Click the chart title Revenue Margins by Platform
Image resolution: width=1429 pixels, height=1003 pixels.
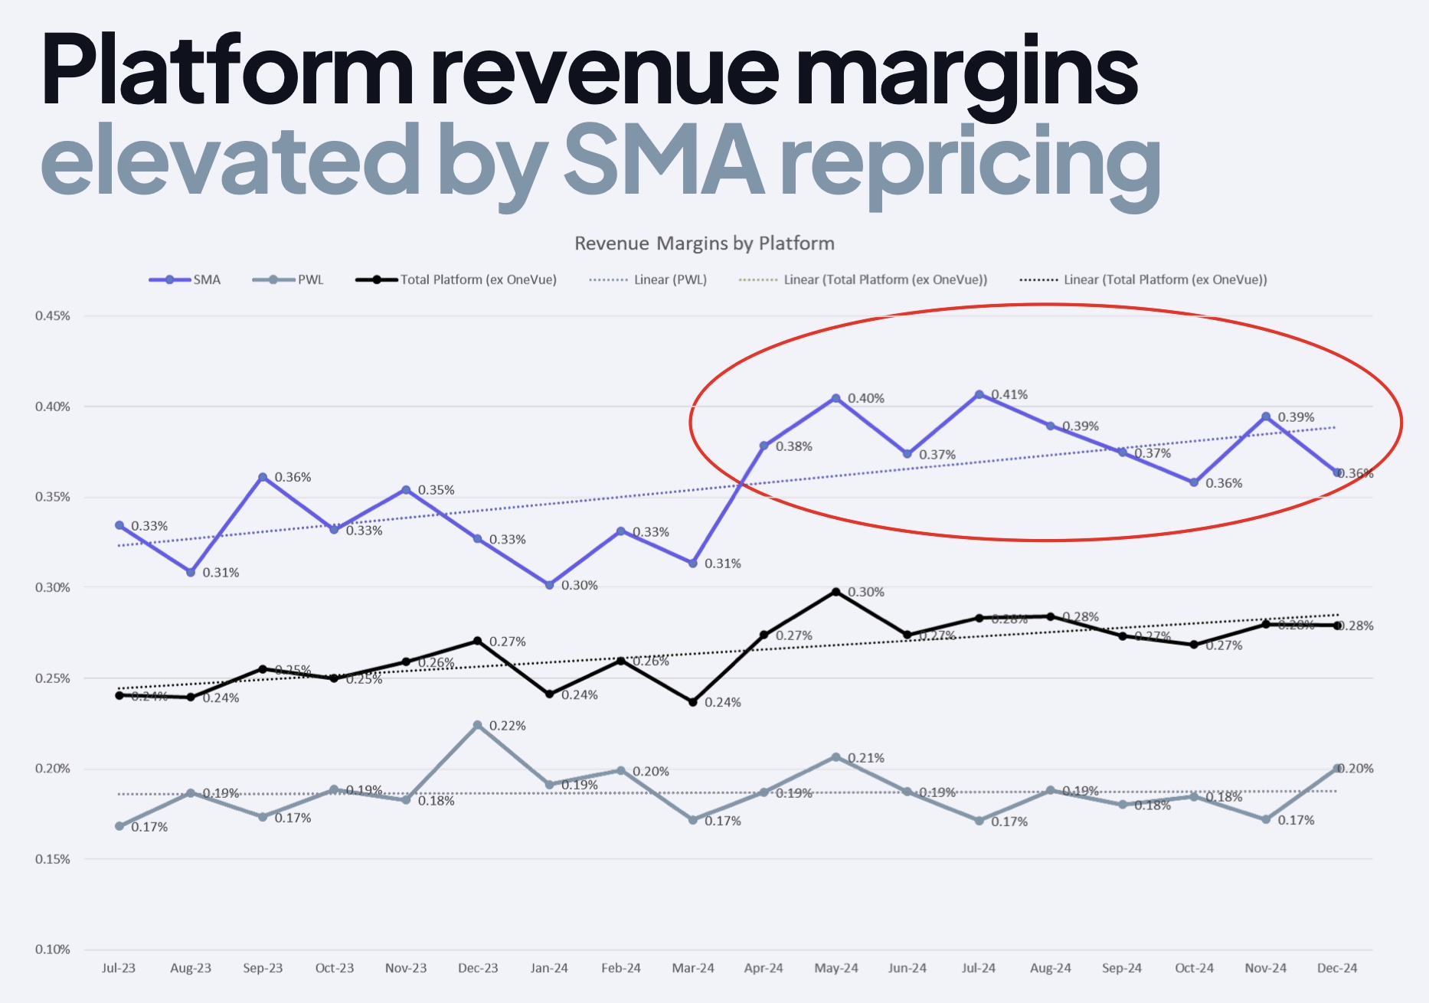pos(704,243)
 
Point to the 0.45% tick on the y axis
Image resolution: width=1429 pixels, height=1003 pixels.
pos(52,316)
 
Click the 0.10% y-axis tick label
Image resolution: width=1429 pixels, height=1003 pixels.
pos(52,949)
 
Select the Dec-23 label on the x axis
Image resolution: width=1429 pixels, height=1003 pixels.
pos(478,968)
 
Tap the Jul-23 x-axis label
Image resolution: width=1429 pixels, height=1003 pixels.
pos(119,968)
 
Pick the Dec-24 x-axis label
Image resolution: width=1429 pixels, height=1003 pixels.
pos(1337,968)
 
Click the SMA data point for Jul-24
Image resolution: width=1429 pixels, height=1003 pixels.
pos(979,395)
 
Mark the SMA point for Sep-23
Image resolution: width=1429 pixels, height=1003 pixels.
pos(263,478)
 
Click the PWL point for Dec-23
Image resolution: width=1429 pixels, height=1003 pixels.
pos(478,725)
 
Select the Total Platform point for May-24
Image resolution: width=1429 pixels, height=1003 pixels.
pos(836,592)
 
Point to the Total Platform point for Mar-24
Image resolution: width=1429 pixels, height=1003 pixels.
pos(693,702)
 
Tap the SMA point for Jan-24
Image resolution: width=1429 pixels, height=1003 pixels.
pos(550,585)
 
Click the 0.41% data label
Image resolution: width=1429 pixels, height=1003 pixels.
pos(1009,395)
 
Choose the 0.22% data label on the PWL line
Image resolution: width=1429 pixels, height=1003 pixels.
pos(508,726)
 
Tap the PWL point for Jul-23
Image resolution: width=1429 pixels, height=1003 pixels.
pos(119,826)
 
